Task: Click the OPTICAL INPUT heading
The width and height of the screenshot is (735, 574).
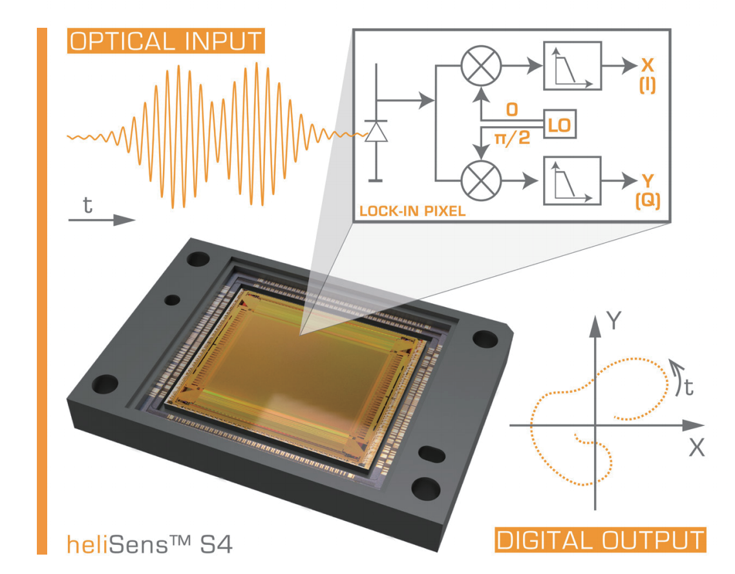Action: click(165, 41)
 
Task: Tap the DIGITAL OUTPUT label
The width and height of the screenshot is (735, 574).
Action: click(600, 540)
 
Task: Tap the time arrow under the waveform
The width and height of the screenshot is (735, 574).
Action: click(101, 220)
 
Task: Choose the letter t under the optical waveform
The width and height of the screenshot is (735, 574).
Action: click(88, 205)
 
